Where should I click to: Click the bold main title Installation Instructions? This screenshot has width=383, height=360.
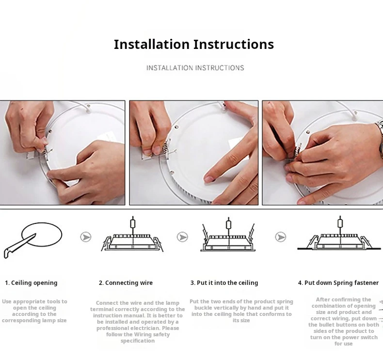click(x=194, y=45)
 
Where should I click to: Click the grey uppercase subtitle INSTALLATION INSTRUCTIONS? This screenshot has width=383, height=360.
click(x=195, y=68)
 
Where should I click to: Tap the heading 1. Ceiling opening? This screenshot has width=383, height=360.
click(x=31, y=283)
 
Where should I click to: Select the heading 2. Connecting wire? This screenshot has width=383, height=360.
click(x=126, y=283)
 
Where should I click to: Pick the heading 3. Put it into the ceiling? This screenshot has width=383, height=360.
click(x=224, y=283)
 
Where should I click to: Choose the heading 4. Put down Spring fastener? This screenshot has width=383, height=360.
click(x=338, y=283)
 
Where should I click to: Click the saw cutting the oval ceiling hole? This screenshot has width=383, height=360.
click(x=19, y=246)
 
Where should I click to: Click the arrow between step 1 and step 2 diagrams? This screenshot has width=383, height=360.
click(x=86, y=237)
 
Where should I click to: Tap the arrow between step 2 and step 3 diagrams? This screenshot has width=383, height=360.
click(x=182, y=237)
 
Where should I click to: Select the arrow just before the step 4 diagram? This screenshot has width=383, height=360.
click(x=280, y=237)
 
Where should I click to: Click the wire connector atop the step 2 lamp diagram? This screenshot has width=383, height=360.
click(x=133, y=224)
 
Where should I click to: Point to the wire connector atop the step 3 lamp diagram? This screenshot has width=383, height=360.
click(x=228, y=224)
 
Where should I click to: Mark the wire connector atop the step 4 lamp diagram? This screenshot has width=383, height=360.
click(x=340, y=223)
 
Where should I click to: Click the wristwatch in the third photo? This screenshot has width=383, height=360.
click(x=379, y=139)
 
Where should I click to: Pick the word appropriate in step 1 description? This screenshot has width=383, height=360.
click(x=26, y=302)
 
